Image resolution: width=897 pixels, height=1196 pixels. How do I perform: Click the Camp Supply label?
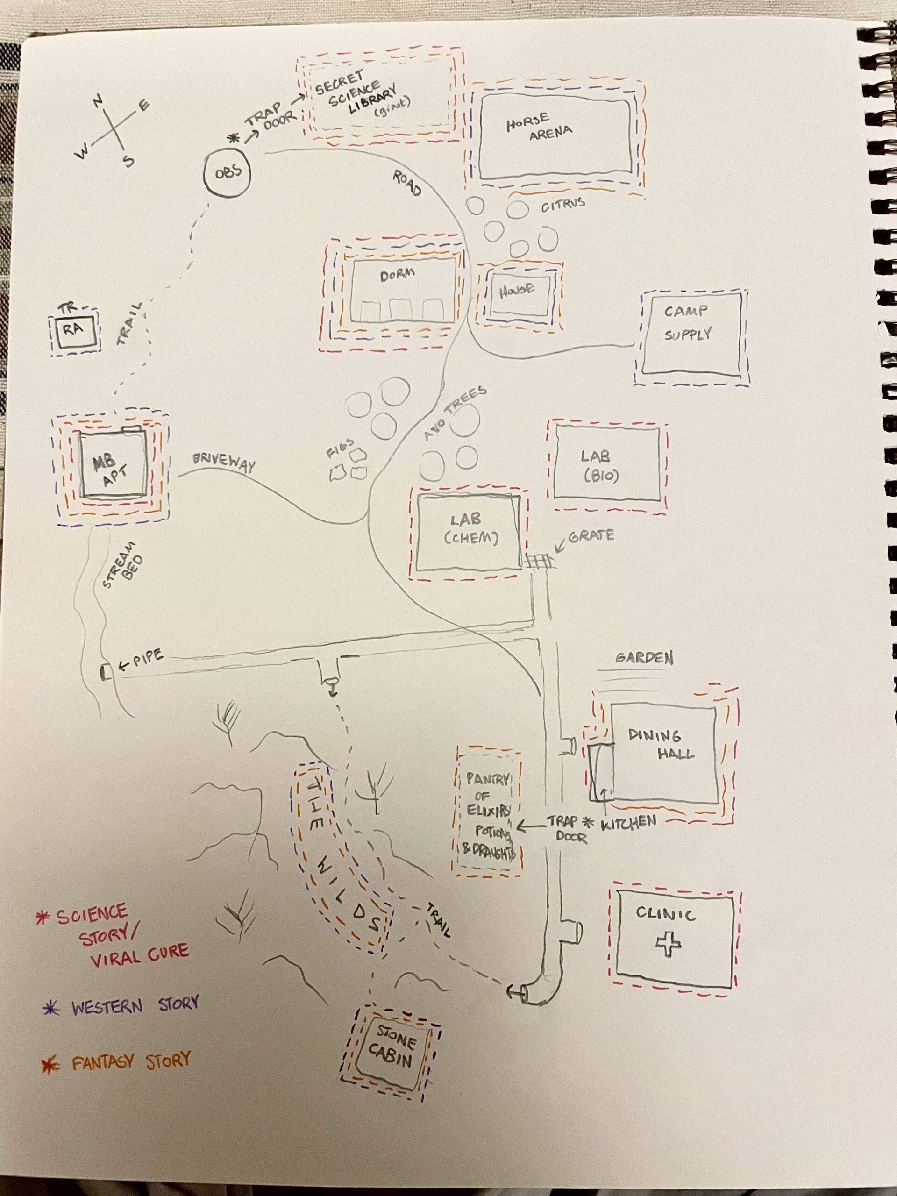coord(688,323)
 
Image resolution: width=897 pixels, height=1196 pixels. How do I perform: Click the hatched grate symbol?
coord(539,561)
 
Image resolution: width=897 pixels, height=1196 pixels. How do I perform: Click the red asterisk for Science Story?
coord(39,918)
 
